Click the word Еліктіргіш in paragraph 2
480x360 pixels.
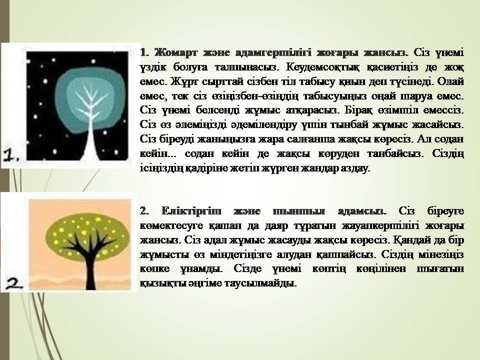pos(191,211)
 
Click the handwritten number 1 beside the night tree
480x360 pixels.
pos(11,155)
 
